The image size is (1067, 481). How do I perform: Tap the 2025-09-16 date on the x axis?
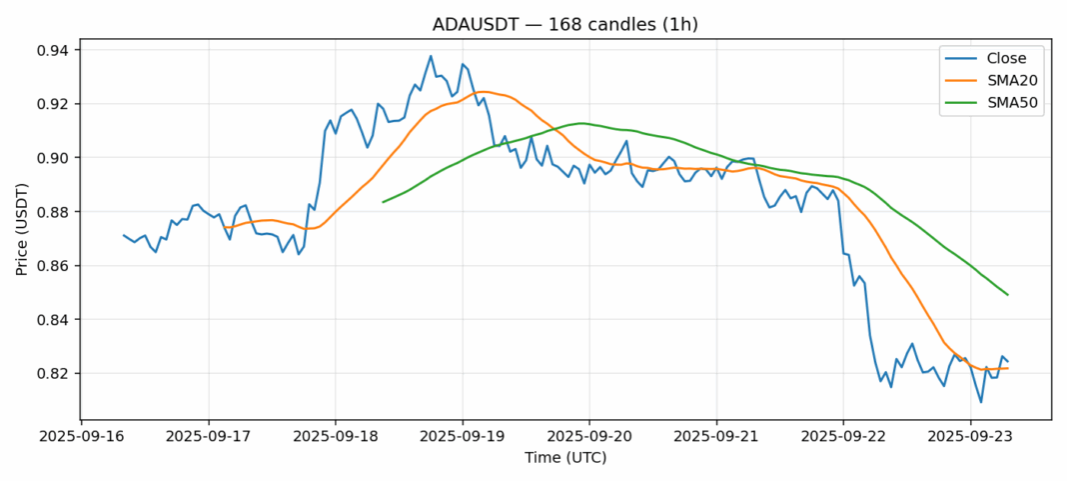coord(82,437)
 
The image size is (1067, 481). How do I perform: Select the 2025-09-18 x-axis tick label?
coord(336,437)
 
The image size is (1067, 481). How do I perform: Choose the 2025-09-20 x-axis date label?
coord(589,437)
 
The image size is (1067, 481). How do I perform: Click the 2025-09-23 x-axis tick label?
coord(970,437)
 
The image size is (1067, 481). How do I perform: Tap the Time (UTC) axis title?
coord(565,458)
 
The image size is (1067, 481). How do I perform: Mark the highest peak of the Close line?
coord(431,56)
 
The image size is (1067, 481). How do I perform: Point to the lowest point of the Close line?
coord(981,402)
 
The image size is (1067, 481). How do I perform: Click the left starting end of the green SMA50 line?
coord(384,202)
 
